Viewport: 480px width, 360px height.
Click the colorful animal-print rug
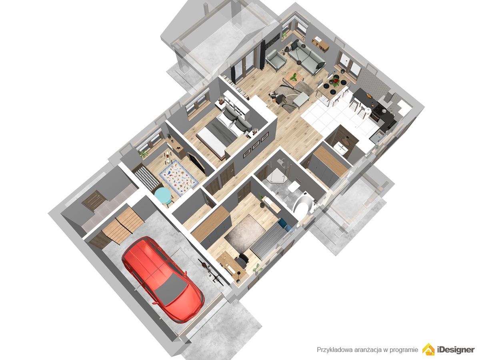[x=179, y=177]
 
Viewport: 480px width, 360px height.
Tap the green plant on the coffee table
[x=294, y=77]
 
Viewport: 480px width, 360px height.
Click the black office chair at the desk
[x=242, y=260]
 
